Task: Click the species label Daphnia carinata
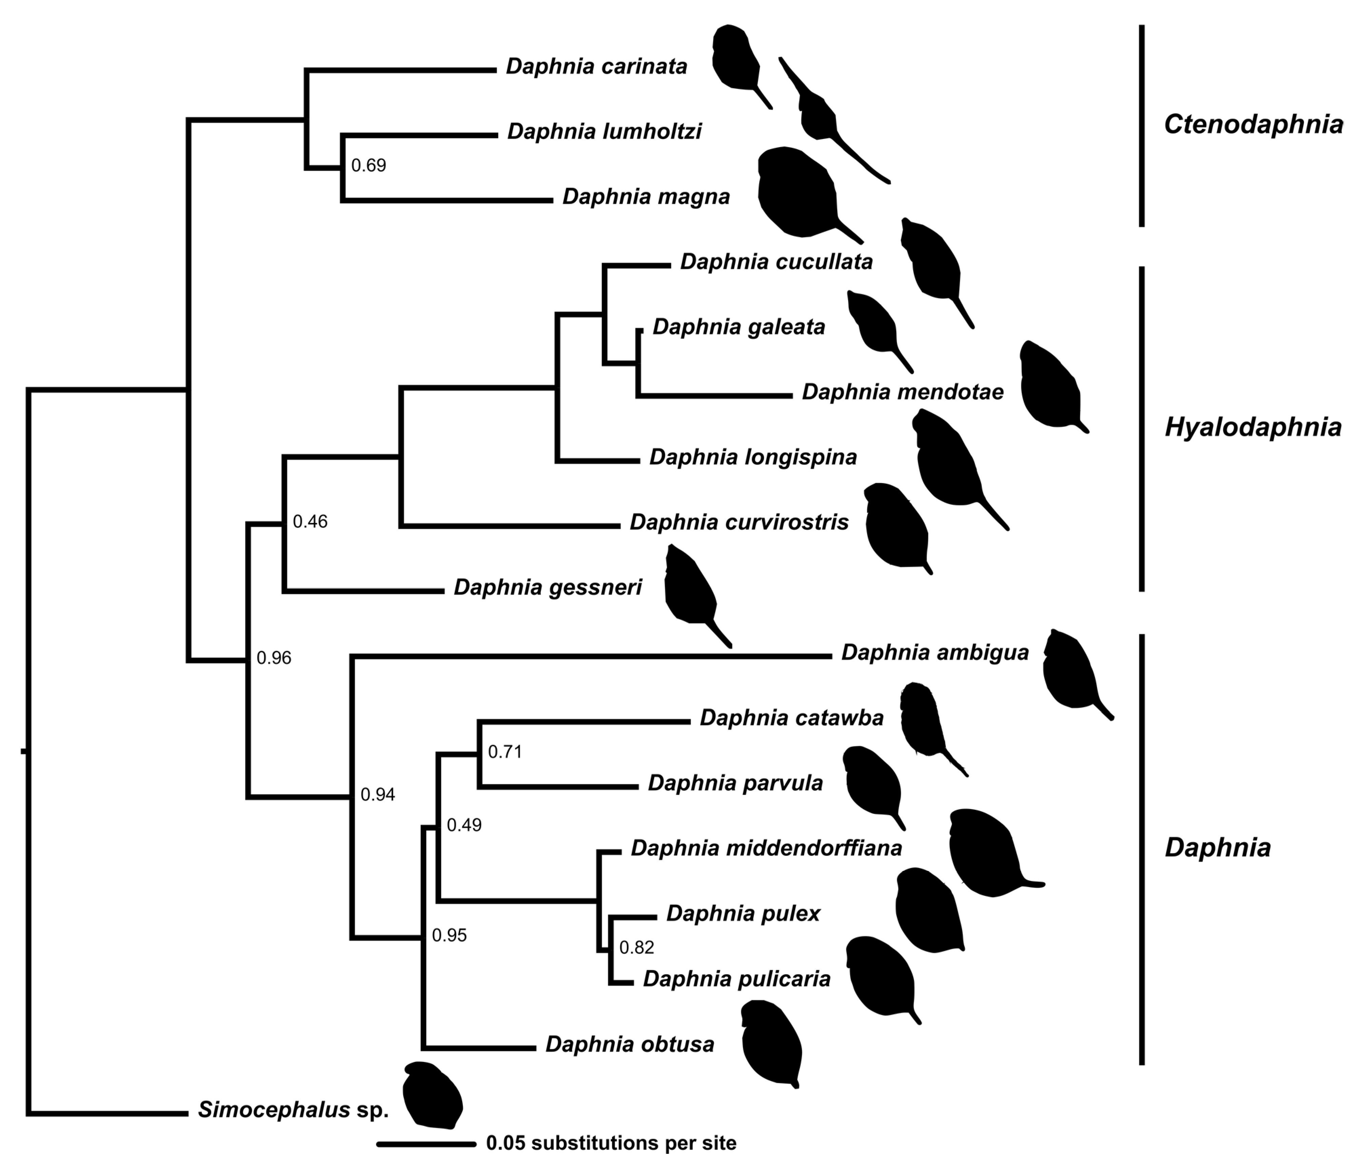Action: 596,67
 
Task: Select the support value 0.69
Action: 369,165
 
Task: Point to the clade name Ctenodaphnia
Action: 1253,124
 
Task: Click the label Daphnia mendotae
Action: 902,392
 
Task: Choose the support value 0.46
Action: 310,521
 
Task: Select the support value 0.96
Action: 273,658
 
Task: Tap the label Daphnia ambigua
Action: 935,652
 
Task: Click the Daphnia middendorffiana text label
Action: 766,848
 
